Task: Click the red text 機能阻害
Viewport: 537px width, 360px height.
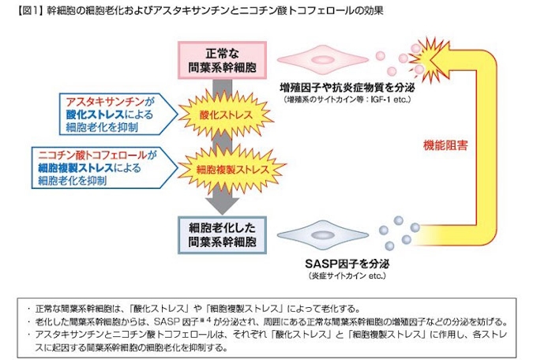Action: (445, 145)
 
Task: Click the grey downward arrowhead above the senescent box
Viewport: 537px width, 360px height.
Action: (220, 204)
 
